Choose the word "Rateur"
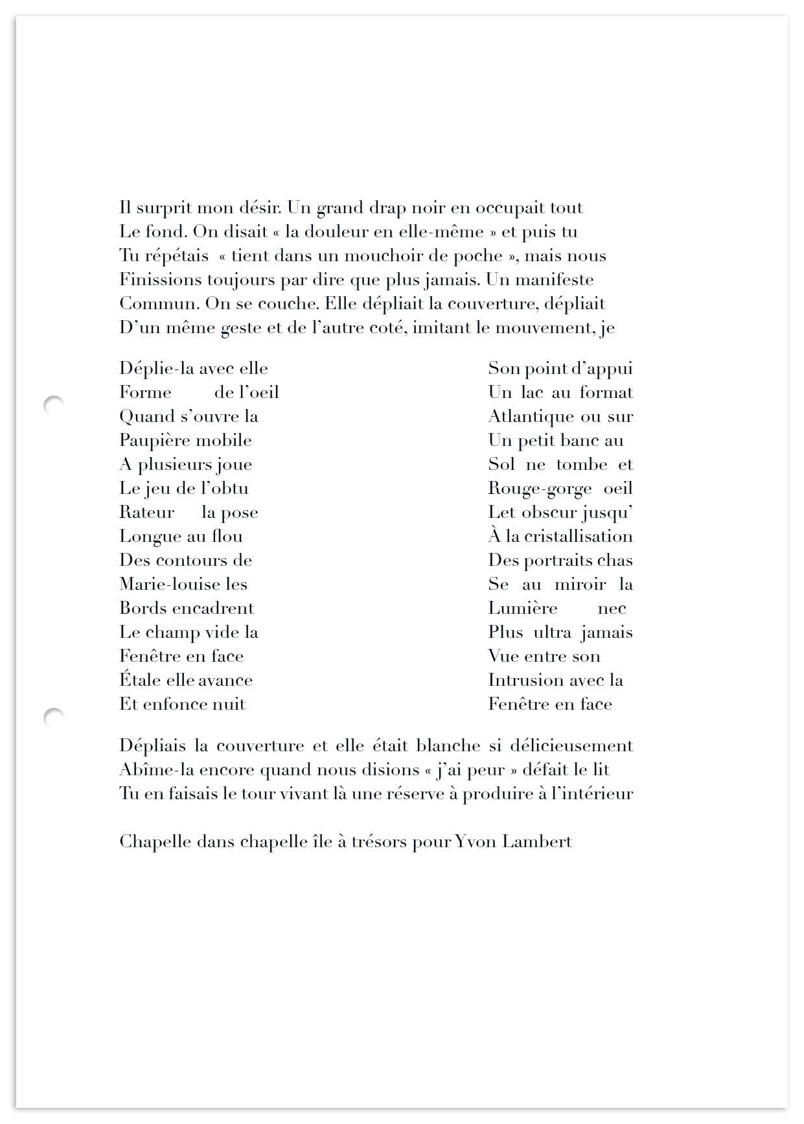click(146, 513)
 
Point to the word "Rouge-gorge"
click(540, 489)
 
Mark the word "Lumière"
click(522, 609)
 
